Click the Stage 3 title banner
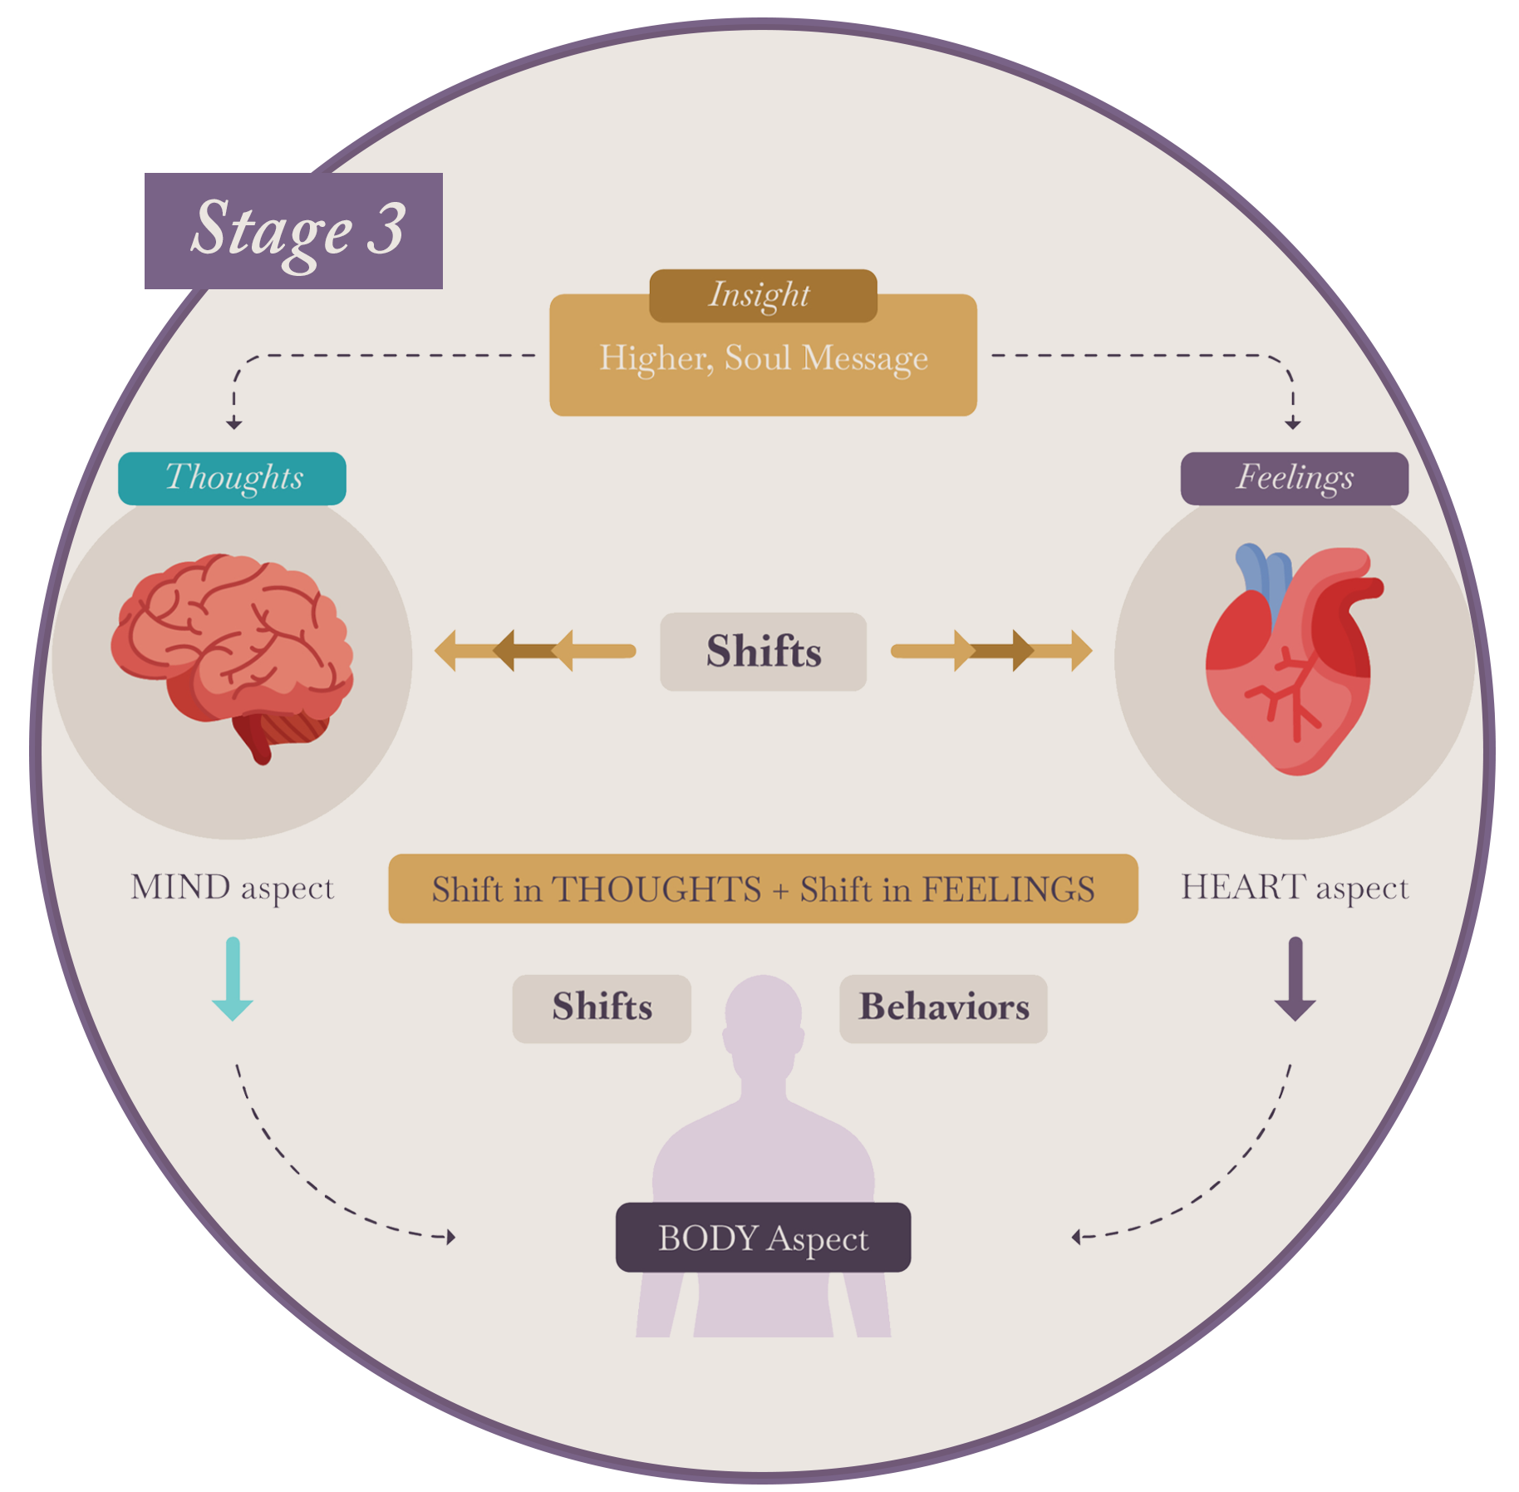pos(293,230)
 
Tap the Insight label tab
pos(762,295)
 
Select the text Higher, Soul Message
pos(763,358)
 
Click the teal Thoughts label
pos(232,478)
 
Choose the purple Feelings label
pos(1293,478)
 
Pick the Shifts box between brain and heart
pos(763,651)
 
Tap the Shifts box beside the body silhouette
pos(602,1007)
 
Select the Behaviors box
pos(943,1007)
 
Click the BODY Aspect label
pos(763,1237)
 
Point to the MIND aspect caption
pos(232,888)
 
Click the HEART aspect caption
pos(1294,888)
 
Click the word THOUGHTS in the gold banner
pos(656,889)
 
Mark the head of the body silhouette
pos(763,1014)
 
